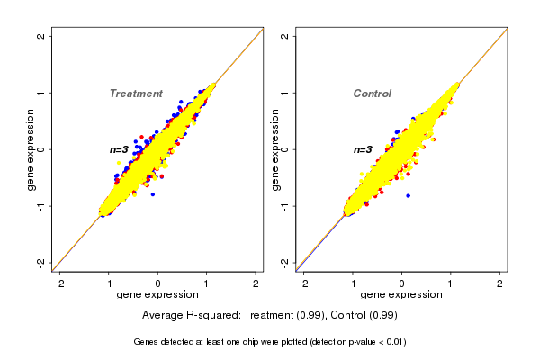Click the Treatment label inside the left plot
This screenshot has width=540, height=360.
point(136,94)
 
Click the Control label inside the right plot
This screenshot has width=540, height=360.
point(372,94)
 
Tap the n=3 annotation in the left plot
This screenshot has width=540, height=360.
point(120,149)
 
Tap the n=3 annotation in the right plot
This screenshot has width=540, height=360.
point(363,149)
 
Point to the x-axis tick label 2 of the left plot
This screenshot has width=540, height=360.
point(256,283)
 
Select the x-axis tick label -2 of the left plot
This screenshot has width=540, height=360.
point(59,283)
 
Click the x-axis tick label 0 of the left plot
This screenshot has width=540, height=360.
point(158,283)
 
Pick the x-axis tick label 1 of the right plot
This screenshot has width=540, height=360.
point(451,283)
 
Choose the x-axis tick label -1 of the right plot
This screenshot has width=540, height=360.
point(352,283)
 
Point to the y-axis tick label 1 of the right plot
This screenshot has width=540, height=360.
point(285,93)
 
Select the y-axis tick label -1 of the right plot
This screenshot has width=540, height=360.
point(285,205)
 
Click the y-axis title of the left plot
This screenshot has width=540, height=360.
point(31,149)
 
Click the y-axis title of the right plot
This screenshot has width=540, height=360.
point(274,149)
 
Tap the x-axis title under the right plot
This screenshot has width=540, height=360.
point(401,295)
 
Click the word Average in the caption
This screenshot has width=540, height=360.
point(163,315)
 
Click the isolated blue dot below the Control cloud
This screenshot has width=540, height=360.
point(408,195)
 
